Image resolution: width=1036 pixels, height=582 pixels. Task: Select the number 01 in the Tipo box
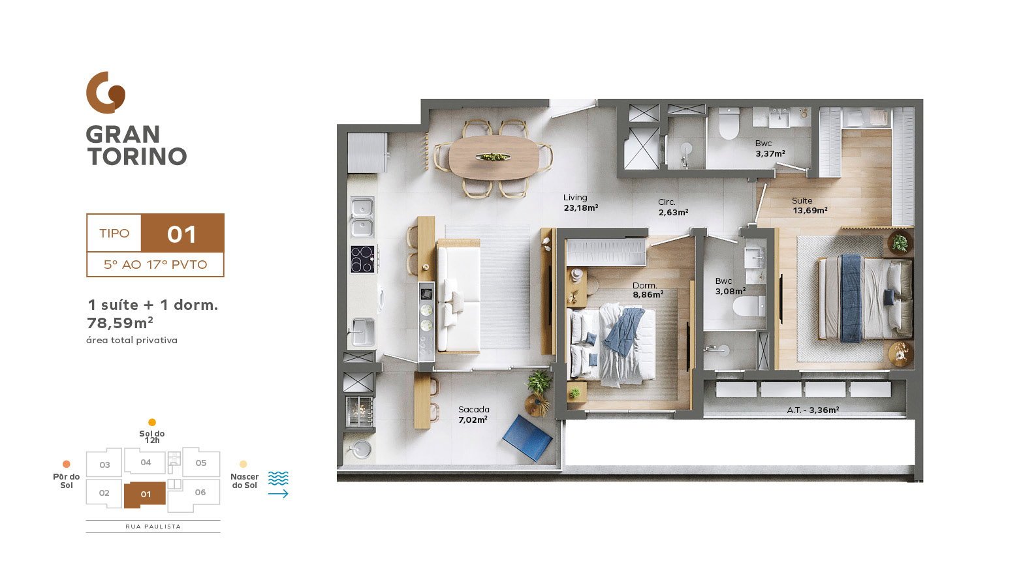click(181, 234)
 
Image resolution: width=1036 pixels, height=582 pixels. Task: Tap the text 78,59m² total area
click(119, 323)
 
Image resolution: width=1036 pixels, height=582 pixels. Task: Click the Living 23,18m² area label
click(580, 202)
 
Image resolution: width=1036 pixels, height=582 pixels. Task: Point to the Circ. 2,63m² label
click(674, 207)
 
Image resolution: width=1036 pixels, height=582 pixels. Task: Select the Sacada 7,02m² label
click(473, 415)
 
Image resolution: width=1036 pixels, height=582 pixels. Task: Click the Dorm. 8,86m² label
click(648, 290)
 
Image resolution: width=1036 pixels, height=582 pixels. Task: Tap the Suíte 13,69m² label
click(809, 206)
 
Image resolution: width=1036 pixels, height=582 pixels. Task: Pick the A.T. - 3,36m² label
click(813, 410)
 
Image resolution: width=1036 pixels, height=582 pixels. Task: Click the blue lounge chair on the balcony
click(527, 437)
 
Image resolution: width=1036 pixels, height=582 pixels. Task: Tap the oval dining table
click(494, 157)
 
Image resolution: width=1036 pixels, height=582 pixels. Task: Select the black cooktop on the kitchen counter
click(362, 259)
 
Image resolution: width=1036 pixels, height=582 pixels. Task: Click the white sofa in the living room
click(458, 296)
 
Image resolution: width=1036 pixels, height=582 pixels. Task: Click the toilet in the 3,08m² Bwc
click(748, 306)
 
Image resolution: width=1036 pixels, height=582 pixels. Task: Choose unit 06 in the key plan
click(200, 493)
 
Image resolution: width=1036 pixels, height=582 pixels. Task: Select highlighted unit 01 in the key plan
click(145, 495)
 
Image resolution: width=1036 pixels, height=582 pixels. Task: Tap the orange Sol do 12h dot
click(151, 422)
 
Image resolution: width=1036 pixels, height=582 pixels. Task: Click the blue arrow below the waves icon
click(279, 494)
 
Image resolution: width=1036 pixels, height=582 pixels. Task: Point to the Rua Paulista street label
click(153, 527)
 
